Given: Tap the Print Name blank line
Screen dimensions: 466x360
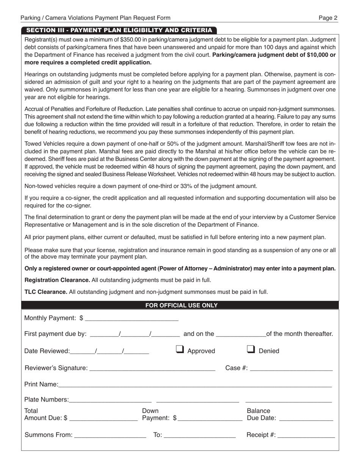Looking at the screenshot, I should click(195, 384).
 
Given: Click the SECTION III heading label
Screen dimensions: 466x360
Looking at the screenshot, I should click(119, 30).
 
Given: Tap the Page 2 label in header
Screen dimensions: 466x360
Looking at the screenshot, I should click(328, 18).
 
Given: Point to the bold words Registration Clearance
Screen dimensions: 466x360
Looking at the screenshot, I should click(57, 280).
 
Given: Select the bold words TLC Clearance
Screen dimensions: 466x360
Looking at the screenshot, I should click(46, 292).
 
